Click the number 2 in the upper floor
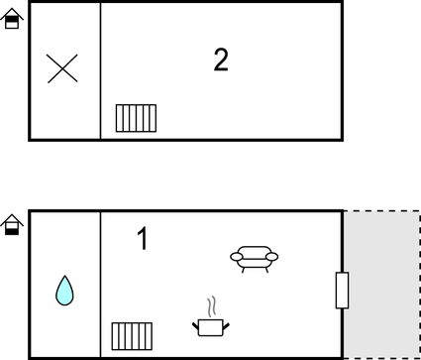coord(221,60)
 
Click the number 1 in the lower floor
coord(142,239)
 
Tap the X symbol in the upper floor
coord(62,69)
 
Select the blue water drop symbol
coord(64,290)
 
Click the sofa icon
coord(255,257)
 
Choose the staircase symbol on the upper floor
coord(136,118)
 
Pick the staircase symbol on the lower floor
coord(131,335)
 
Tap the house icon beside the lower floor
coord(12,225)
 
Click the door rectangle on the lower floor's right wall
coord(342,290)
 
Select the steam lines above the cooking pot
coord(209,304)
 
